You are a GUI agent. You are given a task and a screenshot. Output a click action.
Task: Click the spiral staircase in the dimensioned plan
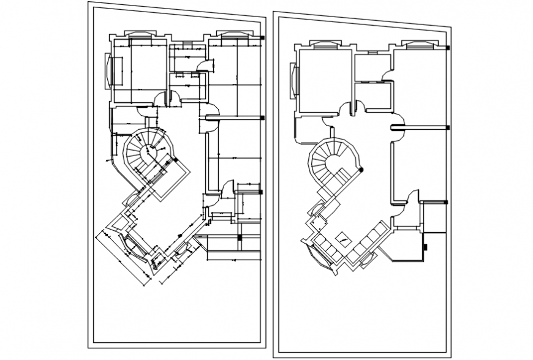click(x=146, y=151)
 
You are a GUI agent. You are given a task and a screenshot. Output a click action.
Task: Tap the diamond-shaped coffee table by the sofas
click(x=344, y=240)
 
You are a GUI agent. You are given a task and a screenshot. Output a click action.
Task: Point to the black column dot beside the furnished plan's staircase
click(x=362, y=170)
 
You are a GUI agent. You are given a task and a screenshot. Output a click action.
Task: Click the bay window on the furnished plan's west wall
click(x=293, y=80)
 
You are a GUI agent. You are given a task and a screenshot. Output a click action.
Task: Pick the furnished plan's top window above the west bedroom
click(x=324, y=43)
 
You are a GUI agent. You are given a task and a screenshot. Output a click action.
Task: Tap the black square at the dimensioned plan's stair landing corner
click(x=175, y=160)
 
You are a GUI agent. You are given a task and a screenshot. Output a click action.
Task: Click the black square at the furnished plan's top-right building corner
click(x=448, y=48)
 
